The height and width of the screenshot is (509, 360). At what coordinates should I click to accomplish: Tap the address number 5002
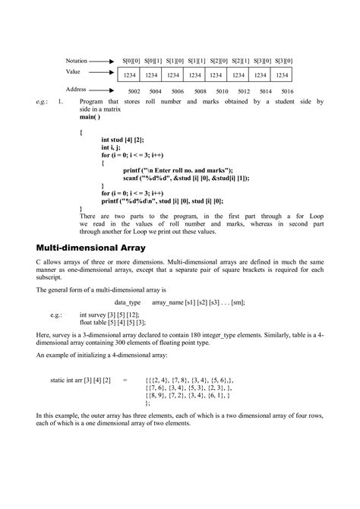pyautogui.click(x=134, y=91)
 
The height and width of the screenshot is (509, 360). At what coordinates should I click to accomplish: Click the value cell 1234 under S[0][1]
pyautogui.click(x=151, y=75)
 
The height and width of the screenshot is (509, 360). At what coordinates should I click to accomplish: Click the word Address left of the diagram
pyautogui.click(x=76, y=89)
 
